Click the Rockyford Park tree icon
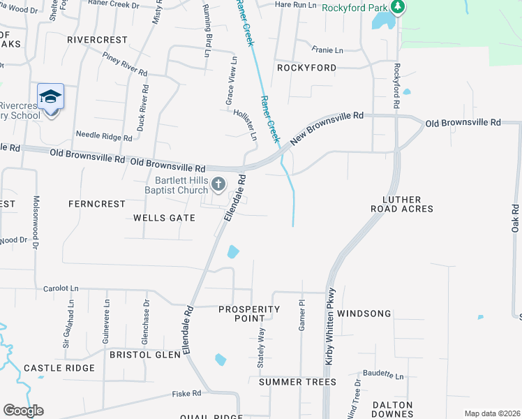[x=398, y=7]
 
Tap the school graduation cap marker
[x=50, y=96]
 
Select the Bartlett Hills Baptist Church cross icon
[x=218, y=184]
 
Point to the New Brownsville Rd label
[x=327, y=130]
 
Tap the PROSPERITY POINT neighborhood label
[x=249, y=314]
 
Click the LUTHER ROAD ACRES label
[x=408, y=203]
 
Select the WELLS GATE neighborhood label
[x=164, y=218]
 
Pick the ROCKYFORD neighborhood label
[x=306, y=68]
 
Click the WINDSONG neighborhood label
[x=364, y=314]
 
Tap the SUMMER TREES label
[x=297, y=382]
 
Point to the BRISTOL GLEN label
[x=145, y=354]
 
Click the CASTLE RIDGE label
[x=59, y=368]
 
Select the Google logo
[x=23, y=411]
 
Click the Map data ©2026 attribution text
[x=492, y=413]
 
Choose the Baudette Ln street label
[x=384, y=376]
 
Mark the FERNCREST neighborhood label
[x=96, y=204]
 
